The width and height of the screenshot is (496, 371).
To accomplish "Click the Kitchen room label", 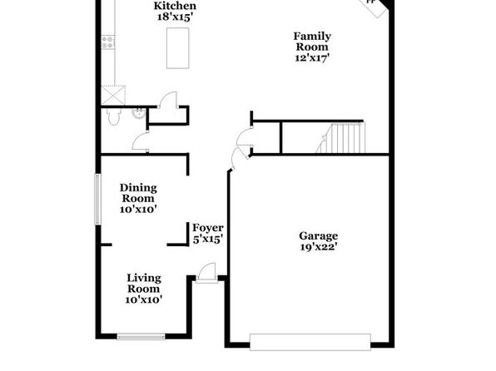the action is coord(175,6).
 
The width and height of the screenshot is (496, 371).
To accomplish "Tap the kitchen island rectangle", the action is coord(178,48).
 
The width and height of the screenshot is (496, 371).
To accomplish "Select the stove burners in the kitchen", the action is coord(108,42).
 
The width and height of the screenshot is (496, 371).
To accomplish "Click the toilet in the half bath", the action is coord(113,116).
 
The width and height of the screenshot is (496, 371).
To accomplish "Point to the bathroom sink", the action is coord(138,113).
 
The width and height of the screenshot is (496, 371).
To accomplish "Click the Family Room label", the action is coord(312,42).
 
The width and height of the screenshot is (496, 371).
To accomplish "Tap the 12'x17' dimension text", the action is coord(312,58).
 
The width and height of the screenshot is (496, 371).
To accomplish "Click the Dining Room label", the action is coord(138,193).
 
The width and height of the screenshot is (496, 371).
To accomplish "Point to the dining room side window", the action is coord(97,200).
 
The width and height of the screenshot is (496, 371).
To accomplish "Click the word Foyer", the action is coord(208,228).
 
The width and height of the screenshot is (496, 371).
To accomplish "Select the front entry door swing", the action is coord(206,272).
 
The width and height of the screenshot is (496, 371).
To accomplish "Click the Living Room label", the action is coord(144,283).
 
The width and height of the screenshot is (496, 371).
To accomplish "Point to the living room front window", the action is coord(141,337).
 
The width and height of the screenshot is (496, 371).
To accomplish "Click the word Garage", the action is coord(318,236).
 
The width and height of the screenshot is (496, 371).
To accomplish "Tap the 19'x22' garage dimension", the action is coord(318,247).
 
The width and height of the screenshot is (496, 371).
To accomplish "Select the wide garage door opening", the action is coord(310,342).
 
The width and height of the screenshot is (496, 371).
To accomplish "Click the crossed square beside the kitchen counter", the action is coord(113,95).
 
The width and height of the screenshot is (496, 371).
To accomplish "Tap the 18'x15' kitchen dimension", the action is coord(175,17).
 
